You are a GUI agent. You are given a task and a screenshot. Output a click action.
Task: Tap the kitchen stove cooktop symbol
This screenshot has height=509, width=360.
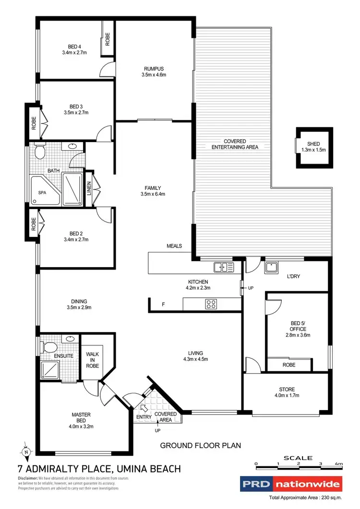[211, 303]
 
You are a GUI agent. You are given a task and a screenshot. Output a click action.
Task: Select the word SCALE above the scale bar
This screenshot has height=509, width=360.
[298, 458]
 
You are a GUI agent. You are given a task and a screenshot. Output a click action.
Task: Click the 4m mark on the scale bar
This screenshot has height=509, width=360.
[339, 464]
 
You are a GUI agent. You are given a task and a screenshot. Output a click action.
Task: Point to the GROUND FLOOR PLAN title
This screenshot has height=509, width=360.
[201, 446]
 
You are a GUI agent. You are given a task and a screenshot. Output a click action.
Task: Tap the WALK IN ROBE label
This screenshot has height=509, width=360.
[92, 360]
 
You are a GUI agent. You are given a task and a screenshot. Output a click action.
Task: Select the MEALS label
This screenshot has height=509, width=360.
[174, 246]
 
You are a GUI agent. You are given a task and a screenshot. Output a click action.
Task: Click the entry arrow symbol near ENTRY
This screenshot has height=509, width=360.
[143, 408]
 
